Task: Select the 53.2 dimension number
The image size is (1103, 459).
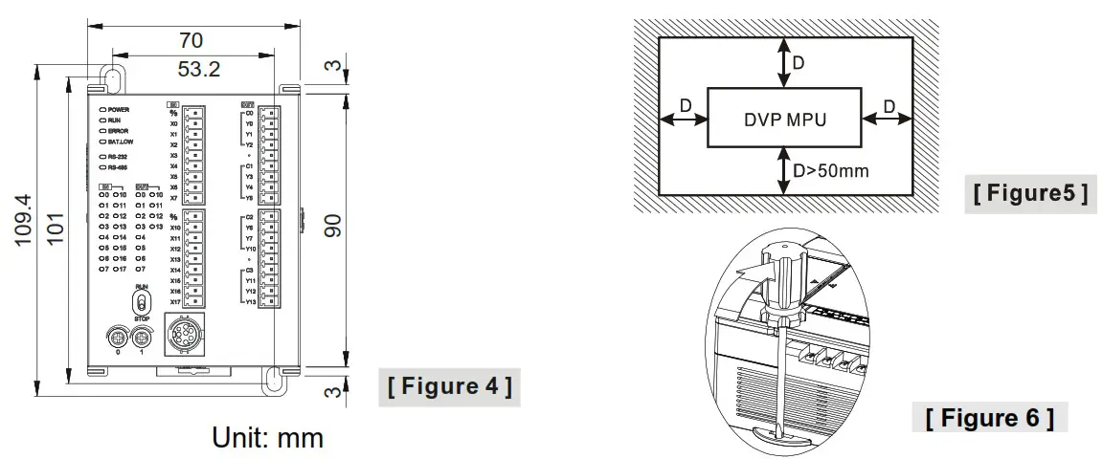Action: pos(199,69)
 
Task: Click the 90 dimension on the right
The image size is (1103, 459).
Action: pos(332,227)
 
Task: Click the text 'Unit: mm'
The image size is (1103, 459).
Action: pos(268,438)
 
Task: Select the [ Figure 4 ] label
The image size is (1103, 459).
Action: pos(448,386)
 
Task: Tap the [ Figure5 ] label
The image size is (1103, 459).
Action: pos(1030,193)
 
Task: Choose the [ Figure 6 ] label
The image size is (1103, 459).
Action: pos(990,417)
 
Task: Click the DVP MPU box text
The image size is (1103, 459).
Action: pos(784,120)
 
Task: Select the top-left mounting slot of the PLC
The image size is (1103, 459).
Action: pos(111,78)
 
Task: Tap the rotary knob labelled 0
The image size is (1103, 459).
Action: pos(118,337)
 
